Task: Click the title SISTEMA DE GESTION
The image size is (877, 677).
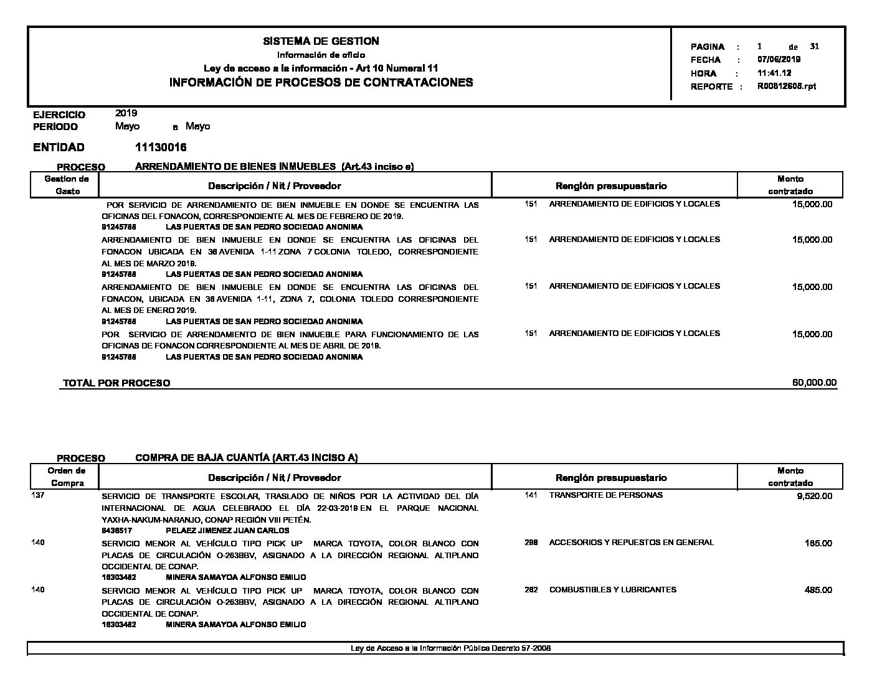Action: [x=321, y=41]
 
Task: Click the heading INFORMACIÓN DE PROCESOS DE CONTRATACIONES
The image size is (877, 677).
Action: [x=321, y=82]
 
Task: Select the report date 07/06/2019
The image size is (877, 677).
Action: [x=779, y=60]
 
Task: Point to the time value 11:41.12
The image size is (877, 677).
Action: [x=774, y=73]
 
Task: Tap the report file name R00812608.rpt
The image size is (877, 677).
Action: [x=786, y=86]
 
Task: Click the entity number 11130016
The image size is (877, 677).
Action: [x=160, y=147]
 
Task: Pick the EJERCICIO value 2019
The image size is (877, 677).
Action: [x=126, y=113]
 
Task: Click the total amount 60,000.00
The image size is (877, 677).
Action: [x=814, y=383]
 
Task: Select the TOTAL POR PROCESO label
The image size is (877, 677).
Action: [x=116, y=383]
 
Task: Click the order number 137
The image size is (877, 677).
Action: [x=38, y=495]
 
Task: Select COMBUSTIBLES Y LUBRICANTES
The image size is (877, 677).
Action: [x=612, y=589]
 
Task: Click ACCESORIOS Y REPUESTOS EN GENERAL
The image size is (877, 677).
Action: [x=631, y=543]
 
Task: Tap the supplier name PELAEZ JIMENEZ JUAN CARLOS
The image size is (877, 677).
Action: [x=227, y=531]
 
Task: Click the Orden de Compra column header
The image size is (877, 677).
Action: [x=67, y=477]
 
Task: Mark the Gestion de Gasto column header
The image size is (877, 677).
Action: [x=67, y=185]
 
